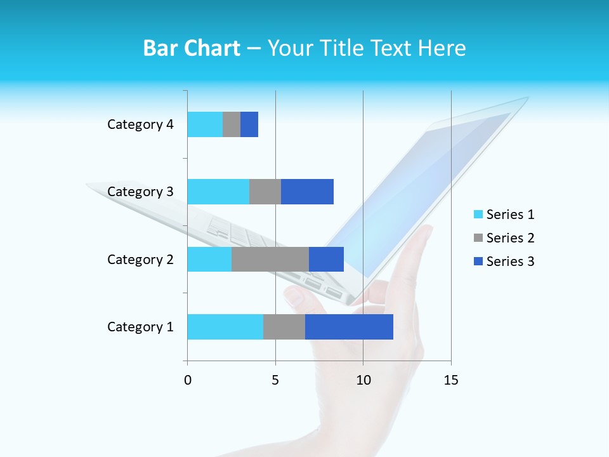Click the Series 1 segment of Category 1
(x=225, y=327)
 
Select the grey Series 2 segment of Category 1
(x=284, y=327)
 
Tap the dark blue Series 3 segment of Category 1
(x=349, y=327)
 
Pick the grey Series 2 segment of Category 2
(x=270, y=259)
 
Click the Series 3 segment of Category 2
(x=326, y=259)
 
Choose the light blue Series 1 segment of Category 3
(x=218, y=192)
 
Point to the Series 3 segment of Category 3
(x=307, y=192)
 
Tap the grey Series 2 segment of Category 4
(x=232, y=124)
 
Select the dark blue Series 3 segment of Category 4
(x=249, y=124)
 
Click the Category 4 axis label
(x=140, y=124)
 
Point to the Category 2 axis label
(x=140, y=259)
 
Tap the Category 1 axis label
(x=140, y=327)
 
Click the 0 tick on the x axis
(x=188, y=380)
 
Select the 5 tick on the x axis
(x=275, y=380)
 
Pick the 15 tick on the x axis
(x=450, y=380)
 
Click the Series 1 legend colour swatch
(x=478, y=215)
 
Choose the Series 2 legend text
(x=510, y=238)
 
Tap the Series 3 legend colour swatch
(x=478, y=262)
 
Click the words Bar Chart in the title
(x=192, y=48)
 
